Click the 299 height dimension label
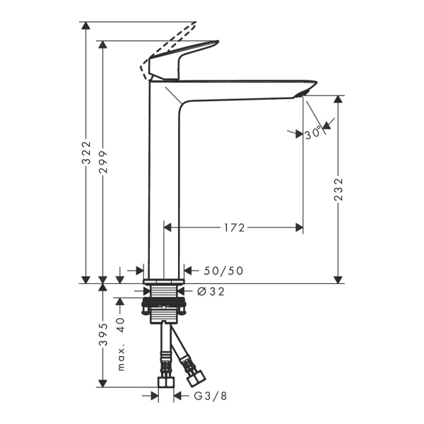click(x=104, y=164)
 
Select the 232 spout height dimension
click(x=338, y=189)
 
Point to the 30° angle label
click(x=314, y=132)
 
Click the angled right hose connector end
click(x=190, y=368)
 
